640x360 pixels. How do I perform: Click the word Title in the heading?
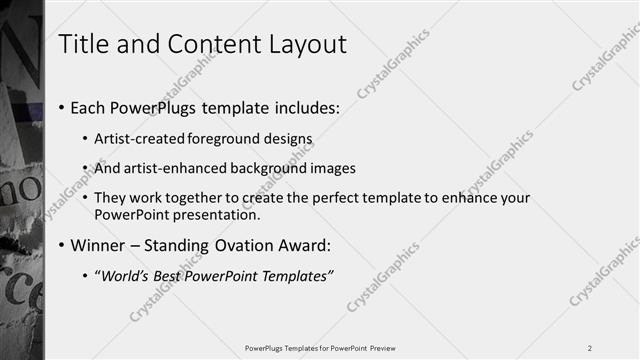83,45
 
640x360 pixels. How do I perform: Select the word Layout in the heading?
303,45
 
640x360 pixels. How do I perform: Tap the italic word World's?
127,275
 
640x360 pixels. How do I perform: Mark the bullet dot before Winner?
62,246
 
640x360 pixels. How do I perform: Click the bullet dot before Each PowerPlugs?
62,108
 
